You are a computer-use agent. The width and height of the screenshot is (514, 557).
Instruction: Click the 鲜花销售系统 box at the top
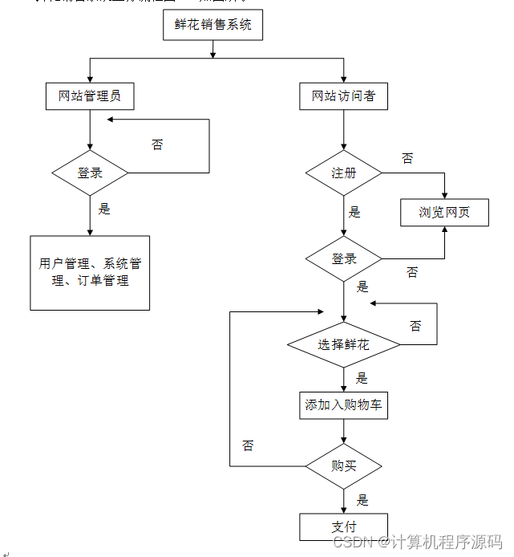[212, 25]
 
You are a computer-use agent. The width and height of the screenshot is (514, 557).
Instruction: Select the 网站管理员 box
[90, 96]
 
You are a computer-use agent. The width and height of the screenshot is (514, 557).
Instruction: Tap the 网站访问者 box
[343, 96]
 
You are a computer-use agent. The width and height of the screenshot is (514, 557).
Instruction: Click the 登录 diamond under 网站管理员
[90, 173]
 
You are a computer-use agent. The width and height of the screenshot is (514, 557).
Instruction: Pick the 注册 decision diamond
[343, 173]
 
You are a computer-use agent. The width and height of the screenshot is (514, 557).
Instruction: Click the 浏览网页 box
[444, 213]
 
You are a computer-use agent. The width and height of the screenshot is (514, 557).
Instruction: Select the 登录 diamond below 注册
[343, 258]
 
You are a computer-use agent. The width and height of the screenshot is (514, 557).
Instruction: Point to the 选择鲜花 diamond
[343, 345]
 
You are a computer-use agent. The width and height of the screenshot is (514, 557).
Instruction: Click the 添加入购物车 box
[343, 405]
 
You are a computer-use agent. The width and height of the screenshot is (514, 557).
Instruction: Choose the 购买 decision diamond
[343, 466]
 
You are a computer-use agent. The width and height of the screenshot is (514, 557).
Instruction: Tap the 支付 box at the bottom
[343, 527]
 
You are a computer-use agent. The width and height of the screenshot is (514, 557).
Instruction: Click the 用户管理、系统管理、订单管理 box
[90, 273]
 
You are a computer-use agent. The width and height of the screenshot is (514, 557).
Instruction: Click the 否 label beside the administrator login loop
[157, 144]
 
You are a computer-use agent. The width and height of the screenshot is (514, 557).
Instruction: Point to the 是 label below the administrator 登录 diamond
[104, 209]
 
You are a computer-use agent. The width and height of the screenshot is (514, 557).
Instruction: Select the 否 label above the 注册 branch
[407, 158]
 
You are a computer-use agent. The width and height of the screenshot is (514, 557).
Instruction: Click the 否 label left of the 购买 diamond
[248, 445]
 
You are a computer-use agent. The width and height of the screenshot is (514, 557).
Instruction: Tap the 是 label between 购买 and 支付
[362, 500]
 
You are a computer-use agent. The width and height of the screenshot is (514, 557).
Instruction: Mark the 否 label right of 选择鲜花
[415, 326]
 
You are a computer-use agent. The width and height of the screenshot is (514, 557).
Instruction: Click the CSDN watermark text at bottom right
[417, 543]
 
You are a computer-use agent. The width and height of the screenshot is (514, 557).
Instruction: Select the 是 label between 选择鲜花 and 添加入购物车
[362, 378]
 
